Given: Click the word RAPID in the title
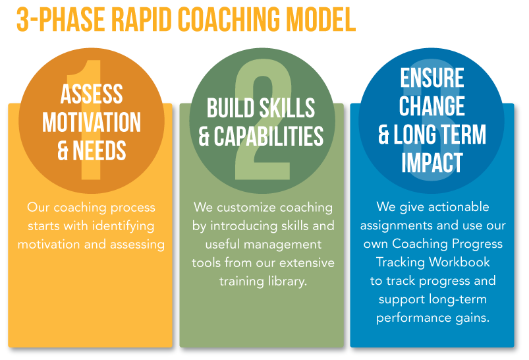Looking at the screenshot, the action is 142,20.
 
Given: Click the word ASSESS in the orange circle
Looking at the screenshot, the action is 92,94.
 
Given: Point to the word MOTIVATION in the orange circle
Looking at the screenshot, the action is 92,122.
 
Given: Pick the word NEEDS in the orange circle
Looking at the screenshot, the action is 99,150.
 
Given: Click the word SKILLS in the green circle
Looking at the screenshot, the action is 287,107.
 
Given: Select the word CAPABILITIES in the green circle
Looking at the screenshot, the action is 269,136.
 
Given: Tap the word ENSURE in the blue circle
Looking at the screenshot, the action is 432,78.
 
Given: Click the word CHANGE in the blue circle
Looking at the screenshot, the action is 432,105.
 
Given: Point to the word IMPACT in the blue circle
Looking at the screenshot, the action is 432,162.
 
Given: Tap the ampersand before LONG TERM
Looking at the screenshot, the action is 383,135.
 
